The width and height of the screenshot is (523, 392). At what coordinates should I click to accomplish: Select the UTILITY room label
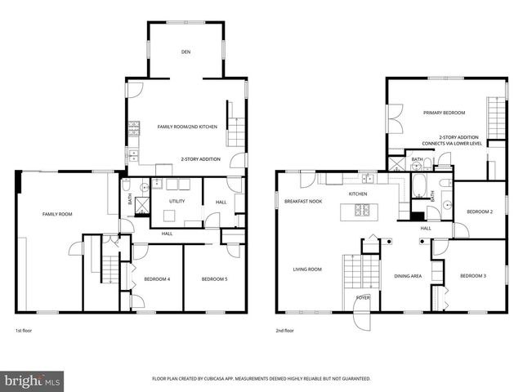pyautogui.click(x=177, y=201)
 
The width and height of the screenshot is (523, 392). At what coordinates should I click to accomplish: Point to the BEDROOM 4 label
pyautogui.click(x=157, y=279)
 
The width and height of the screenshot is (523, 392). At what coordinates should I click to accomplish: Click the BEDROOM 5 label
pyautogui.click(x=214, y=279)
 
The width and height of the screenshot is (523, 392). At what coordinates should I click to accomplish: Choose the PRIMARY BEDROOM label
pyautogui.click(x=444, y=112)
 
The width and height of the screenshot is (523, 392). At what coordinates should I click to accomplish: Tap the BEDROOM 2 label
pyautogui.click(x=480, y=212)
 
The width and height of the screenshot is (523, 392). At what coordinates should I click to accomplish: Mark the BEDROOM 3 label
pyautogui.click(x=472, y=275)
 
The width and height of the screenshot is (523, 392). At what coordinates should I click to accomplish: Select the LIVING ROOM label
pyautogui.click(x=308, y=269)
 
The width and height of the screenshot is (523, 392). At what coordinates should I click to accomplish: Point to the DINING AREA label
pyautogui.click(x=408, y=276)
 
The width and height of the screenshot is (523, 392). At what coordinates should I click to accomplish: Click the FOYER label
pyautogui.click(x=363, y=297)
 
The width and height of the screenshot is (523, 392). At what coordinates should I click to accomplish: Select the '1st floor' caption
pyautogui.click(x=25, y=331)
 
